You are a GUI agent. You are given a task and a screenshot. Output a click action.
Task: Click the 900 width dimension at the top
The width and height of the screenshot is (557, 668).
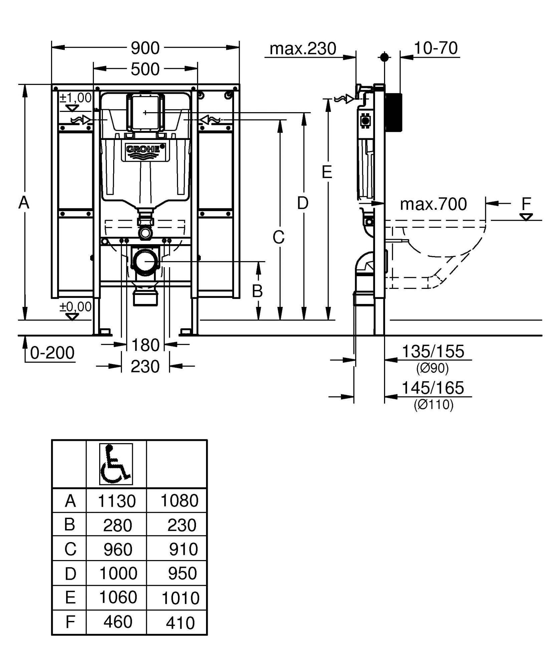pos(145,48)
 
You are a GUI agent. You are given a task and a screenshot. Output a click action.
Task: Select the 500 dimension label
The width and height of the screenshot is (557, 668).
pos(145,69)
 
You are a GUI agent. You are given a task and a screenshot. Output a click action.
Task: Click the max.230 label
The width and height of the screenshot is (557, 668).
pos(303,49)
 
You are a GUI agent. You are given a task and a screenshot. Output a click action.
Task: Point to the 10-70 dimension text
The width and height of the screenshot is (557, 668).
pos(435,48)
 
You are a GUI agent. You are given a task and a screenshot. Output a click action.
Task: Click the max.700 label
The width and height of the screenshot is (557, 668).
pos(433,204)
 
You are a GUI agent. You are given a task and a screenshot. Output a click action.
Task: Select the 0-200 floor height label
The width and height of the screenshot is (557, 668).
pos(52,353)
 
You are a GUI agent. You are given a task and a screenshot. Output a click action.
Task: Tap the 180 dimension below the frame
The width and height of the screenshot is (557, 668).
pos(145,345)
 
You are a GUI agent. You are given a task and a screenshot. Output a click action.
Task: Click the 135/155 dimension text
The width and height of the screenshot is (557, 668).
pos(433,351)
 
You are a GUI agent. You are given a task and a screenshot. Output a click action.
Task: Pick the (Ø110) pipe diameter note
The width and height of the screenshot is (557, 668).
pos(433,405)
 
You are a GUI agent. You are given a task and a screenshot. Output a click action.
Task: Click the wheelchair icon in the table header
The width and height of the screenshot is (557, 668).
pos(116,464)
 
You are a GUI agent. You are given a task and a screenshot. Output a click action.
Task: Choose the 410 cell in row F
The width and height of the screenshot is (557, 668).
pos(180,623)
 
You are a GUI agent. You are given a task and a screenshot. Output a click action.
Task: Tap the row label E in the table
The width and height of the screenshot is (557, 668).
pos(70,598)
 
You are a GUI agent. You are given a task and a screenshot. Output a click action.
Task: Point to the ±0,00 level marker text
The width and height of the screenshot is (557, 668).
pos(75,307)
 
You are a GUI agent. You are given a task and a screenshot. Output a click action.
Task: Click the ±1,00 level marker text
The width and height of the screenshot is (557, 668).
pos(75,98)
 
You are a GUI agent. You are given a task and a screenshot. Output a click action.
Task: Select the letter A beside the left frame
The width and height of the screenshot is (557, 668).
pos(24,202)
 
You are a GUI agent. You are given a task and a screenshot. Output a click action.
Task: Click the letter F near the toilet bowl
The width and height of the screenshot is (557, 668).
pos(526,203)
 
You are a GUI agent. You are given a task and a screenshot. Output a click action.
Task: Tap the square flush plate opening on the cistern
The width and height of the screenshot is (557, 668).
pos(145,112)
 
